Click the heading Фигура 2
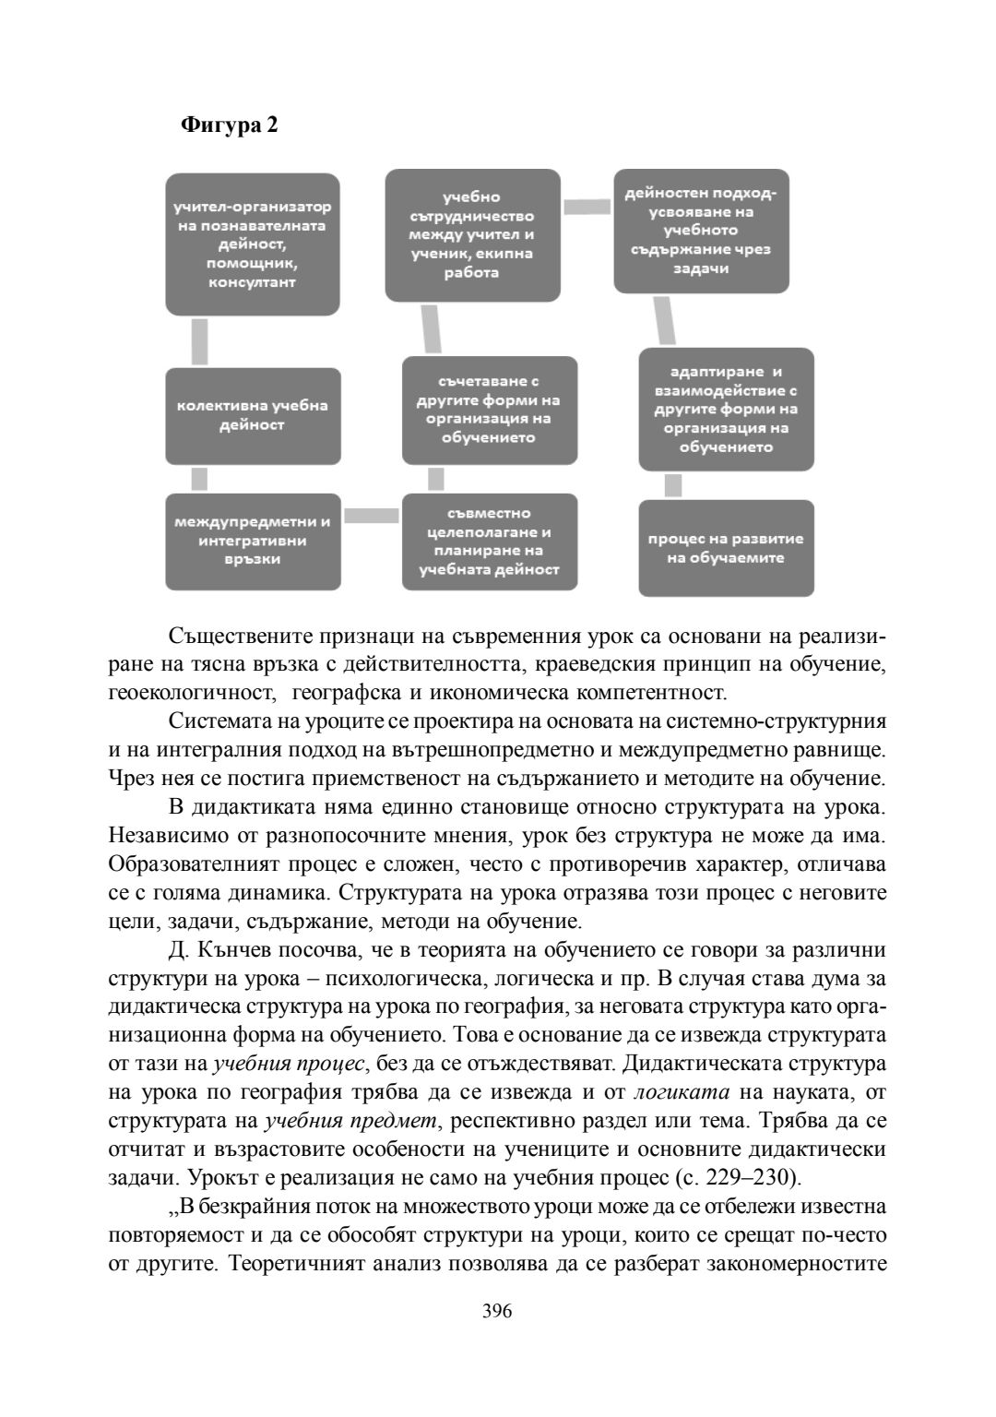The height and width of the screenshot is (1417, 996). click(x=229, y=125)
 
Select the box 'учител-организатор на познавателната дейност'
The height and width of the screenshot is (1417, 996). click(x=253, y=244)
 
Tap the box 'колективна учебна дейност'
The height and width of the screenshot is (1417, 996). click(x=253, y=416)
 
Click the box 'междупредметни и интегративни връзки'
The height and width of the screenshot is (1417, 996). click(x=253, y=541)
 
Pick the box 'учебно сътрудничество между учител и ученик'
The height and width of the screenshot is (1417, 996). click(x=472, y=235)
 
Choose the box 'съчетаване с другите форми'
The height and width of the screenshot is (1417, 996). click(x=489, y=410)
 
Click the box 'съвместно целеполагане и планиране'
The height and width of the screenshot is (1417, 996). click(x=489, y=542)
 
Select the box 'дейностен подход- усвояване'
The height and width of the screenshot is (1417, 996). click(x=701, y=231)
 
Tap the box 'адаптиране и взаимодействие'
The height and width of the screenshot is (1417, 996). click(x=726, y=409)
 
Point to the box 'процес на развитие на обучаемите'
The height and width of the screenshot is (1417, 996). click(x=726, y=548)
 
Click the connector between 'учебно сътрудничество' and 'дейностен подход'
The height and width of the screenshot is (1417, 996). click(x=587, y=207)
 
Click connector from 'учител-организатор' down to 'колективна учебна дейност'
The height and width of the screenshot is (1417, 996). click(x=199, y=341)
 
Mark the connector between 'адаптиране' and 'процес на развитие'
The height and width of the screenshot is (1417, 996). click(x=673, y=484)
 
